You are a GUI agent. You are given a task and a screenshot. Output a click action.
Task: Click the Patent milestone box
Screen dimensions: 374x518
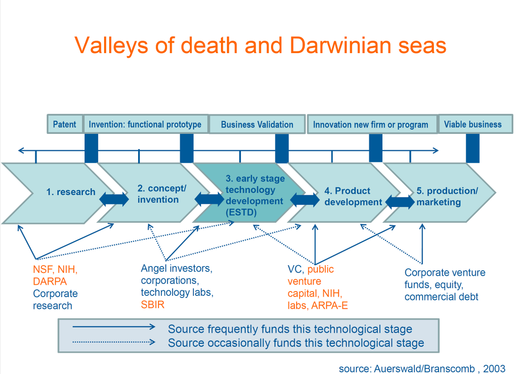point(64,124)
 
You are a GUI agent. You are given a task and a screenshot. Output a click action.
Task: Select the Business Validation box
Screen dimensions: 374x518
point(257,124)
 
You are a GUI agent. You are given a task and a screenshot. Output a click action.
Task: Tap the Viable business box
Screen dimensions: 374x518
point(473,124)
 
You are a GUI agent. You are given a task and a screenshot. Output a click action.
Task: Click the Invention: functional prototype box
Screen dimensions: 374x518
point(145,124)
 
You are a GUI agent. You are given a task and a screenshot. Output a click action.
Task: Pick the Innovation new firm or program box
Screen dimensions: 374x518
point(370,125)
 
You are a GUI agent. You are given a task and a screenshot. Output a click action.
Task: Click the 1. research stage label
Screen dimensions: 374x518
point(71,192)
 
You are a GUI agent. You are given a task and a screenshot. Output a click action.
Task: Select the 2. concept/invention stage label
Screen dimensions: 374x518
point(161,194)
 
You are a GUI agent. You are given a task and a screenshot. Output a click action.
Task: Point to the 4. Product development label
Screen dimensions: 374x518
point(353,197)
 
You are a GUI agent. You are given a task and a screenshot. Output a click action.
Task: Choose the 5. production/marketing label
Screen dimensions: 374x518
point(447,197)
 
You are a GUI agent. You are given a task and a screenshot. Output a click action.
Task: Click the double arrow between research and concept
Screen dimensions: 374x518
point(114,199)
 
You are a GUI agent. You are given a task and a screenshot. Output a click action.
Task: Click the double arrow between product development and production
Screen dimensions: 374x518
point(399,202)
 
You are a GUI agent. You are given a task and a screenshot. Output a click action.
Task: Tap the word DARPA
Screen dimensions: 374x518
point(50,282)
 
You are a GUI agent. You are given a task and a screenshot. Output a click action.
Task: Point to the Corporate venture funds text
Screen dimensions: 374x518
point(445,273)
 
